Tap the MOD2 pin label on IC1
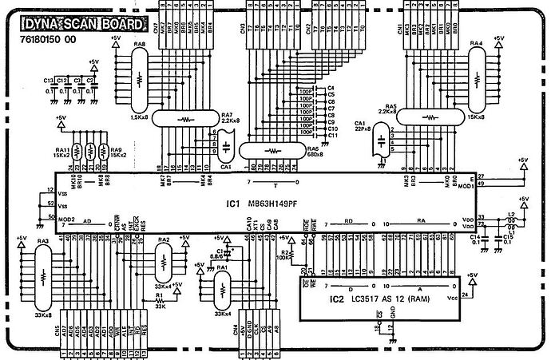point(66,220)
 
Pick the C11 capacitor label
point(332,136)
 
